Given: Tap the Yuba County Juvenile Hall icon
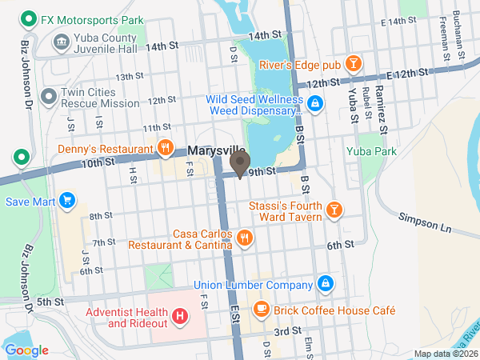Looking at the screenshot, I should pos(61,42).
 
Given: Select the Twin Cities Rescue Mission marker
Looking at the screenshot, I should pos(50,97).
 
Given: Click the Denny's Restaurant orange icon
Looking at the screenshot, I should pos(166,147).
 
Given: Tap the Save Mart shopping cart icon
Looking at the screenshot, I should pos(67,201).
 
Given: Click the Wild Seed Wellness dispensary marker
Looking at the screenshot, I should pos(315,103).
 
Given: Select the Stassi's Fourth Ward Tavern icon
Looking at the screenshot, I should pos(334,210).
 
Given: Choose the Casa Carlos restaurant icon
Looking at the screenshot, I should pos(246,237).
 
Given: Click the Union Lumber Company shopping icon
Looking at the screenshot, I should pos(326,284).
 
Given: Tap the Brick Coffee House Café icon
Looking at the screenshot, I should pos(261,308).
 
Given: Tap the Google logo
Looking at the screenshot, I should pos(26,350).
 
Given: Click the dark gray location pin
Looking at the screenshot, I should pos(239,164).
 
